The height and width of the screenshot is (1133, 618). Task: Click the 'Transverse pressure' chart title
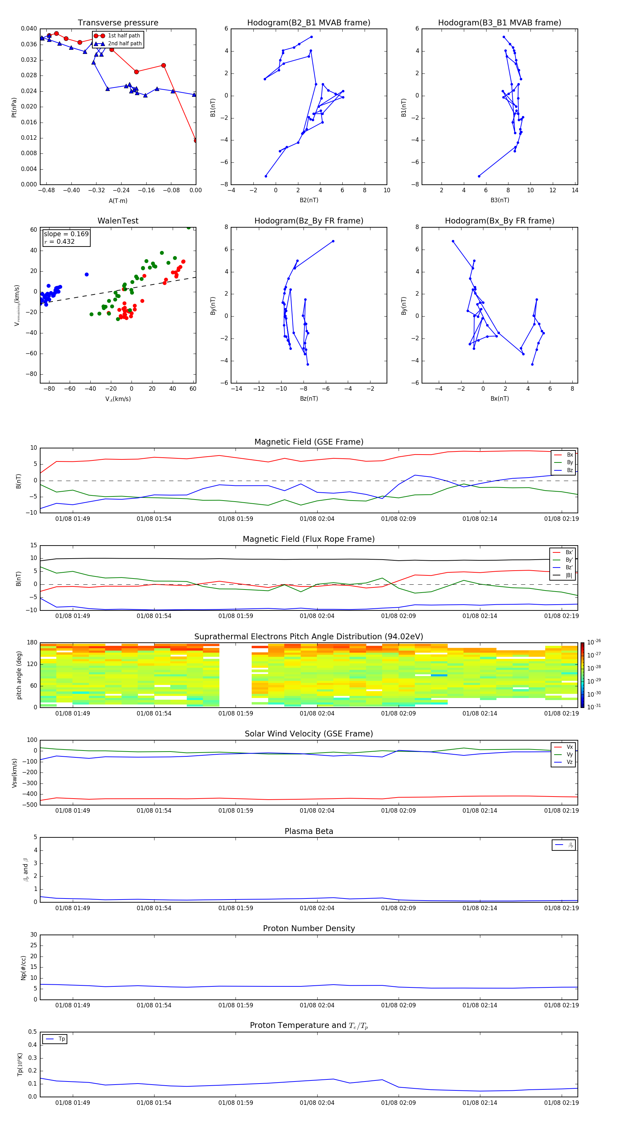118,23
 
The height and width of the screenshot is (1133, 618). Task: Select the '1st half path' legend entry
124,36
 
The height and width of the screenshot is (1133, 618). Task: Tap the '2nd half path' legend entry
125,44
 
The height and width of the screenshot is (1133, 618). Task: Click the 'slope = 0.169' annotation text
66,234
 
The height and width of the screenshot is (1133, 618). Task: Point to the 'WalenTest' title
118,221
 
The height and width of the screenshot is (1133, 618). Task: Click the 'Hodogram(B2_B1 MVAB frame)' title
308,23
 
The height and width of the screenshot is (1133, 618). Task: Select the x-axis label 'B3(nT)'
500,200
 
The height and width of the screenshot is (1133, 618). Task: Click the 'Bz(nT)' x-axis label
309,399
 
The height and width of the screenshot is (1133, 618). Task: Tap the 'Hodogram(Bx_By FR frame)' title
499,221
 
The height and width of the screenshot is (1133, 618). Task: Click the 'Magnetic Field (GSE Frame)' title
309,442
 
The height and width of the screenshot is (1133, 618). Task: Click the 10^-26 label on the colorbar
594,642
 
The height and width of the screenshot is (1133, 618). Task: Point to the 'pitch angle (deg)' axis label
19,675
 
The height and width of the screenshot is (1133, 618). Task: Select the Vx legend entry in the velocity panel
569,747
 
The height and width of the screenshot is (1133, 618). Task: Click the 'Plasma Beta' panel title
309,831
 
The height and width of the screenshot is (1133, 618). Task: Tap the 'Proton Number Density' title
309,928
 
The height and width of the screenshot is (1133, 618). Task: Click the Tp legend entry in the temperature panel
61,1039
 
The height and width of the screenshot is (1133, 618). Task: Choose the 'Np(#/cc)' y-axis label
23,968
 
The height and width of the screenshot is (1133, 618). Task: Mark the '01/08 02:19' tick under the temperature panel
561,1103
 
